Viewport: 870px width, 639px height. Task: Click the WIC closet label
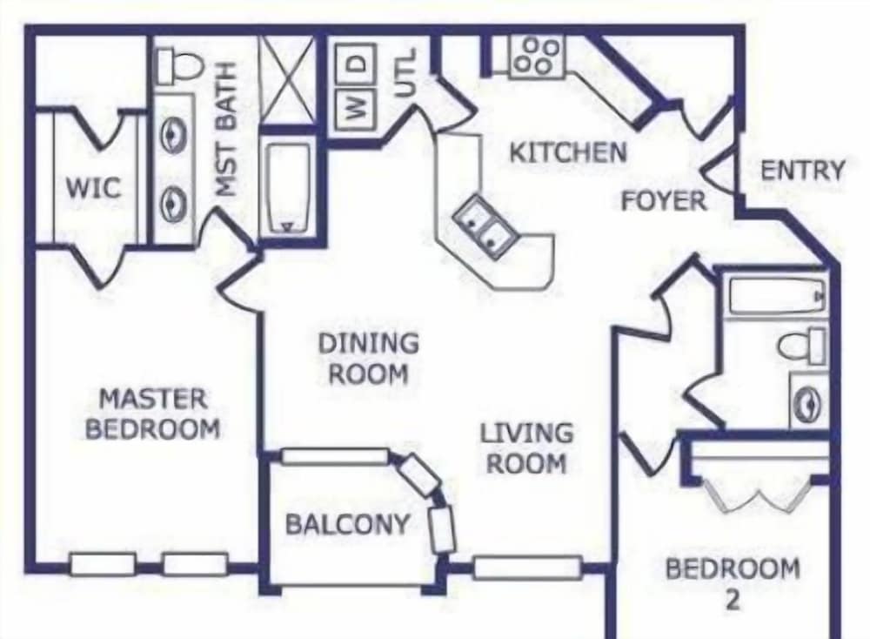93,188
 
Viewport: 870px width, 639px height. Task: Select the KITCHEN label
567,152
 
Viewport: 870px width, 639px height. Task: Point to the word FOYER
663,201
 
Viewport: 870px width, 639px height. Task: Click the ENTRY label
802,171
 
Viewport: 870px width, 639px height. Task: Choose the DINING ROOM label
367,358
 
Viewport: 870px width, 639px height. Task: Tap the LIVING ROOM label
527,447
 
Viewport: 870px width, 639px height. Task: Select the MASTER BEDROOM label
153,414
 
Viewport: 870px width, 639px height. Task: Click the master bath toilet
180,64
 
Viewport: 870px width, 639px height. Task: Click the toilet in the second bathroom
801,345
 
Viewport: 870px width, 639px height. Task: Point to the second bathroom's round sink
808,401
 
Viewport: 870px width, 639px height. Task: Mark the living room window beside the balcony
526,568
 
